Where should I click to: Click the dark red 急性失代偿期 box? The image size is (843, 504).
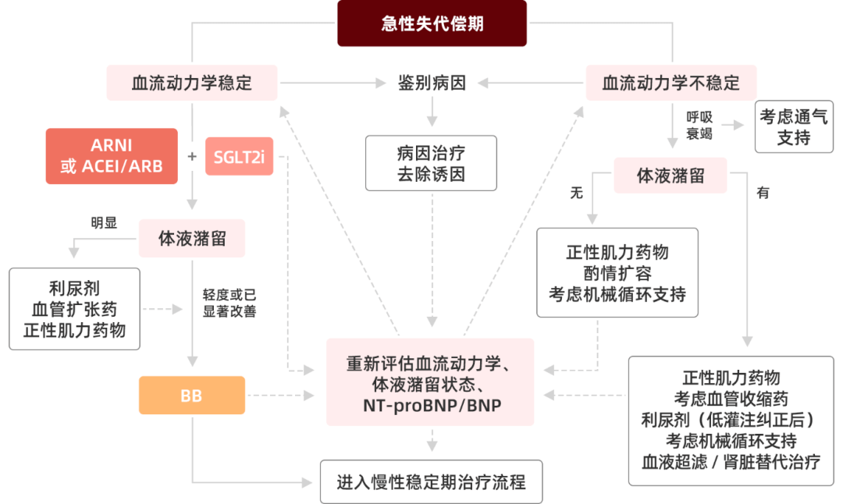(432, 23)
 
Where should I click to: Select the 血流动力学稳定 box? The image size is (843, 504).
(192, 83)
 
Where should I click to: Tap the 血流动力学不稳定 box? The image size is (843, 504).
(670, 83)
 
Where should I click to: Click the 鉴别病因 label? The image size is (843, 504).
(432, 83)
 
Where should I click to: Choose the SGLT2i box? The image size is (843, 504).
(239, 156)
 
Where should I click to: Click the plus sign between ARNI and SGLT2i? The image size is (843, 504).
(193, 156)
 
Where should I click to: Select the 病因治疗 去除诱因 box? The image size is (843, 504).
(431, 162)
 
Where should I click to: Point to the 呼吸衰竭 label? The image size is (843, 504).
(699, 125)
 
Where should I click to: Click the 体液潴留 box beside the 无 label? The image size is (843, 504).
(670, 176)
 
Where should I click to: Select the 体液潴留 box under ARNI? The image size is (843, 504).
(192, 239)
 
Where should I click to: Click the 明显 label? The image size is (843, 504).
(104, 222)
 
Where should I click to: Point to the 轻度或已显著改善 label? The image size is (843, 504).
(229, 303)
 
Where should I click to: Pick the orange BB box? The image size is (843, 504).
(191, 396)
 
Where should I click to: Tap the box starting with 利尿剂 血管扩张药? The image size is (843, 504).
(74, 309)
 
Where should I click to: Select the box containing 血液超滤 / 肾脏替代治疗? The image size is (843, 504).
(731, 421)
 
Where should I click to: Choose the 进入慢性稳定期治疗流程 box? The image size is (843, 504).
(431, 482)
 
